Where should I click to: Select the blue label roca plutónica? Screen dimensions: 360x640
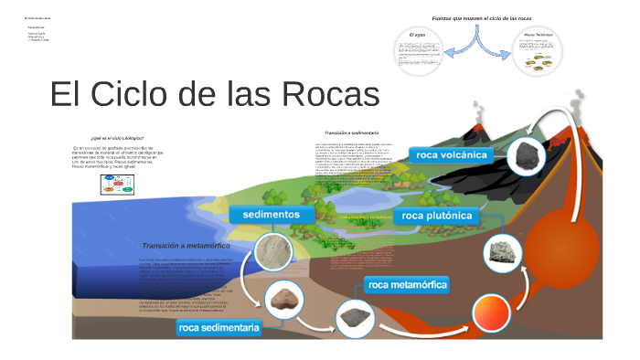(x=436, y=216)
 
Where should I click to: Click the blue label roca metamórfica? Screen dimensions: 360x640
(x=407, y=284)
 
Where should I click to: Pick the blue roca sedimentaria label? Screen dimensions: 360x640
(x=219, y=326)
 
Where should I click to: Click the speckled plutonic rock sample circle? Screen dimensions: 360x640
(x=500, y=250)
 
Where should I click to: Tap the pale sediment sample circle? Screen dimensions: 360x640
(x=276, y=253)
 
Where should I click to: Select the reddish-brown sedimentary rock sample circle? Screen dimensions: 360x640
(x=284, y=297)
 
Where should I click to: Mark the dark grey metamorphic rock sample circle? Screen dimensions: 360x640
(x=352, y=317)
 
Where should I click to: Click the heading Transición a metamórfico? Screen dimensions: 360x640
(x=186, y=246)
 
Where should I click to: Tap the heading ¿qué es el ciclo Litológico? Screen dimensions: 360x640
(x=117, y=137)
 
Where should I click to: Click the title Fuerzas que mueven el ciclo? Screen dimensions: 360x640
(x=482, y=18)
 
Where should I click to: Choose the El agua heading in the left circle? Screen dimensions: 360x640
(x=417, y=35)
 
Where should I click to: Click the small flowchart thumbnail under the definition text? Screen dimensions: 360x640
(x=117, y=184)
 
